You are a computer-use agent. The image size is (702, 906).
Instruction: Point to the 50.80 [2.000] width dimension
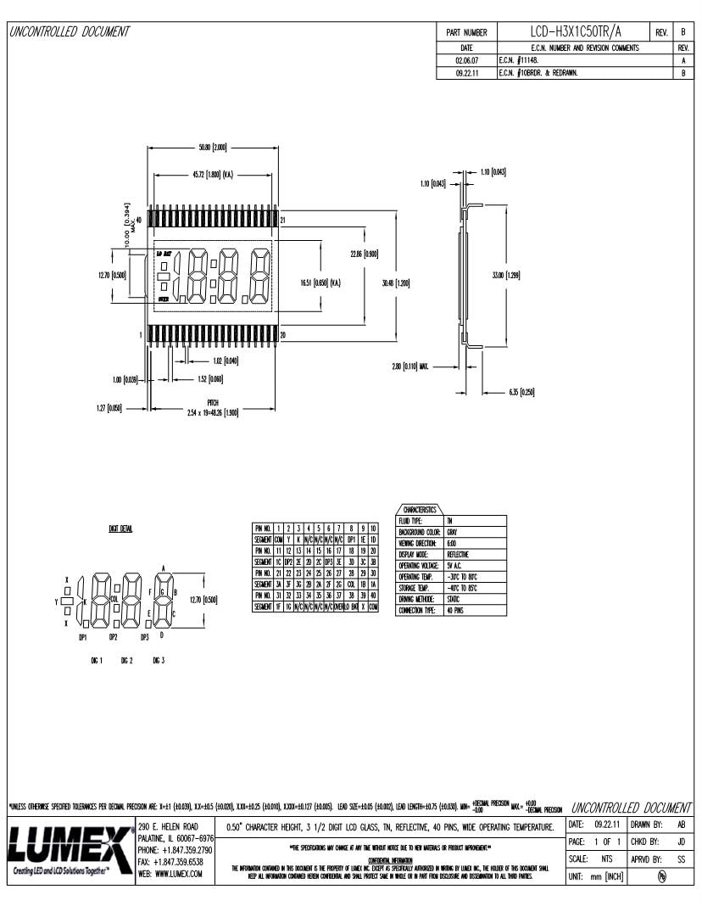[x=212, y=148]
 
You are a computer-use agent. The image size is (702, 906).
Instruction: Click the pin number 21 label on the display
[x=283, y=221]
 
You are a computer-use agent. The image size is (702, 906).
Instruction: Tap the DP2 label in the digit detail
[x=113, y=636]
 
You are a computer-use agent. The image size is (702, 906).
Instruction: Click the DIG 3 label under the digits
[x=158, y=660]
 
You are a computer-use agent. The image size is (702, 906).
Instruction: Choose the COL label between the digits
[x=114, y=598]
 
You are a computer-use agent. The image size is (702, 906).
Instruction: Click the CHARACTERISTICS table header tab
[x=420, y=510]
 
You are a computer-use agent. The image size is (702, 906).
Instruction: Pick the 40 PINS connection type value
[x=454, y=610]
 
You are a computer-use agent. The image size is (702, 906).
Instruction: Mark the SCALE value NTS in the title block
[x=607, y=858]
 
